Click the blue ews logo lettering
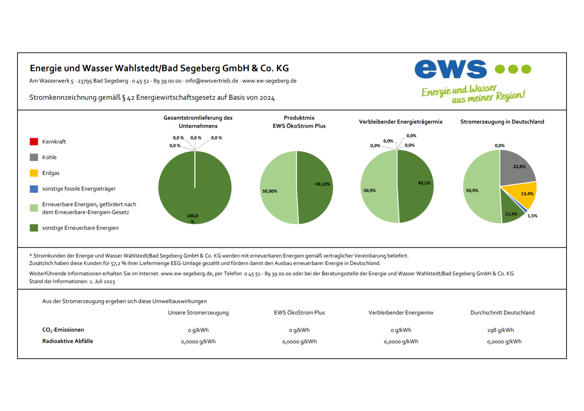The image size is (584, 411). point(450,69)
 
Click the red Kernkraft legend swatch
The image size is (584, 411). point(34,142)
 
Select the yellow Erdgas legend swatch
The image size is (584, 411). point(34,173)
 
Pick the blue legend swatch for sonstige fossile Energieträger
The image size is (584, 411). point(34,189)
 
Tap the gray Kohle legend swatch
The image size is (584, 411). point(34,157)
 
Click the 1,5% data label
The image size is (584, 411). point(532,216)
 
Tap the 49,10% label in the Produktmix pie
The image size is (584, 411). point(323,184)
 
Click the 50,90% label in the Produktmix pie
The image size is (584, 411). point(270,191)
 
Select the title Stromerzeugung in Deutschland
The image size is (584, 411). point(502,122)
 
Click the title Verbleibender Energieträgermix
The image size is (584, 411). point(401,122)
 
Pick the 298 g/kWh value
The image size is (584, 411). point(501,330)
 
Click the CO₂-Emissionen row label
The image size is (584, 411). point(63,330)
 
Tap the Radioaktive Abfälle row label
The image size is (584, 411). point(67,341)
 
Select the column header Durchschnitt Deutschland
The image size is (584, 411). point(502,312)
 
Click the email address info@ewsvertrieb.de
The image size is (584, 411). point(211,81)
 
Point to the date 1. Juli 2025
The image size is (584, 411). point(102,282)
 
